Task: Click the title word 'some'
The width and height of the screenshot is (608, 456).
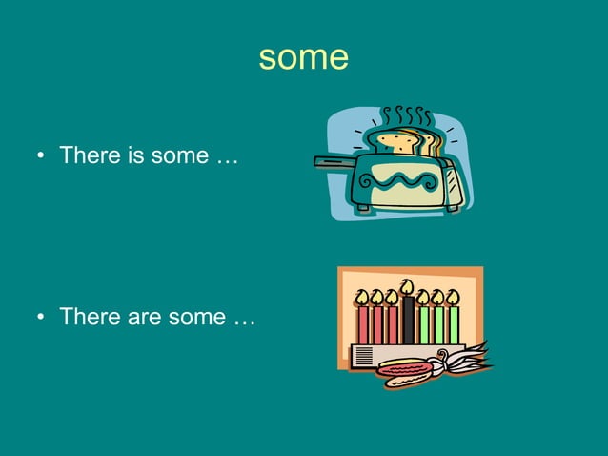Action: [303, 58]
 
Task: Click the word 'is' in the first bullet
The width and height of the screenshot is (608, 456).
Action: [133, 155]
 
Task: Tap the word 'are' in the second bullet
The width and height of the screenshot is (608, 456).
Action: [141, 317]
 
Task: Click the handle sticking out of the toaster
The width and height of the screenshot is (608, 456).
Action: [334, 162]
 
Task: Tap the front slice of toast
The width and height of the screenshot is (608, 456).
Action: [395, 142]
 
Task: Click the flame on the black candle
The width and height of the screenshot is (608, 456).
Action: [408, 287]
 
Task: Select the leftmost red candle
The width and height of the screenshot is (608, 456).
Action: [362, 325]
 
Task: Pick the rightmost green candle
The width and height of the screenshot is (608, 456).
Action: [454, 325]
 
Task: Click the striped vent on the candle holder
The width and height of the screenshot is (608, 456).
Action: [362, 357]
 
